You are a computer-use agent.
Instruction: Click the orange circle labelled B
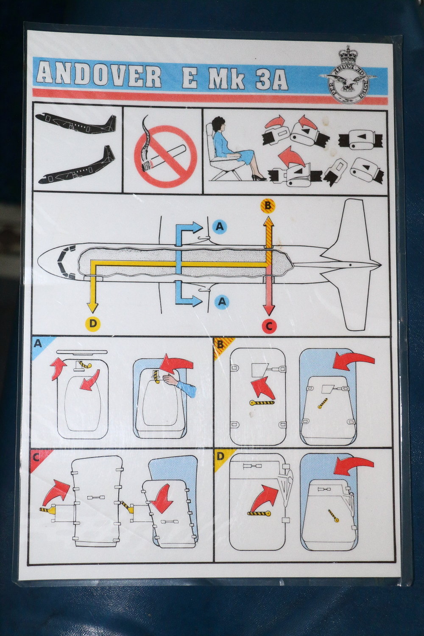click(268, 206)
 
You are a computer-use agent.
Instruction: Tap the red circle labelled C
click(268, 326)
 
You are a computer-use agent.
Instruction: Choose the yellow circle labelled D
click(93, 324)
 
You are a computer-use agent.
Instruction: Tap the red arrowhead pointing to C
click(268, 309)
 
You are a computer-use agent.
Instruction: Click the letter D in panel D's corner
click(220, 457)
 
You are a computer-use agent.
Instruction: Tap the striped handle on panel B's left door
click(262, 402)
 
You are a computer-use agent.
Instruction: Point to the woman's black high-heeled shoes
click(259, 178)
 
